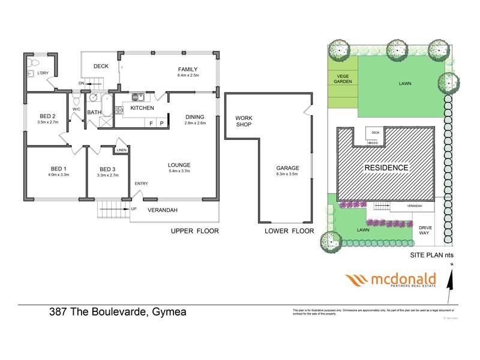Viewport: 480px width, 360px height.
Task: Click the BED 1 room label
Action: coord(57,169)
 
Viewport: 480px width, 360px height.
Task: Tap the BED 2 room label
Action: coord(47,116)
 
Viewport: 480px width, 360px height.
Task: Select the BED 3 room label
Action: coord(109,170)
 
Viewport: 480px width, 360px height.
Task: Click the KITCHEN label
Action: coord(142,108)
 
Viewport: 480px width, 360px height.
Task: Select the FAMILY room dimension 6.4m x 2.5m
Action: coord(187,76)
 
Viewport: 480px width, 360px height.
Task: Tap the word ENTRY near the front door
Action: coord(141,184)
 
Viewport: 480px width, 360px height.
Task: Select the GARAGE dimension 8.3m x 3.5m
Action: coord(287,175)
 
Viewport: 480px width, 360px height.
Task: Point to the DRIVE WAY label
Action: coord(425,230)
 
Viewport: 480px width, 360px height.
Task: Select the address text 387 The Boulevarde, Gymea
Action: coord(109,312)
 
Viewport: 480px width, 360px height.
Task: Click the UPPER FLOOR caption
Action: coord(194,230)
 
